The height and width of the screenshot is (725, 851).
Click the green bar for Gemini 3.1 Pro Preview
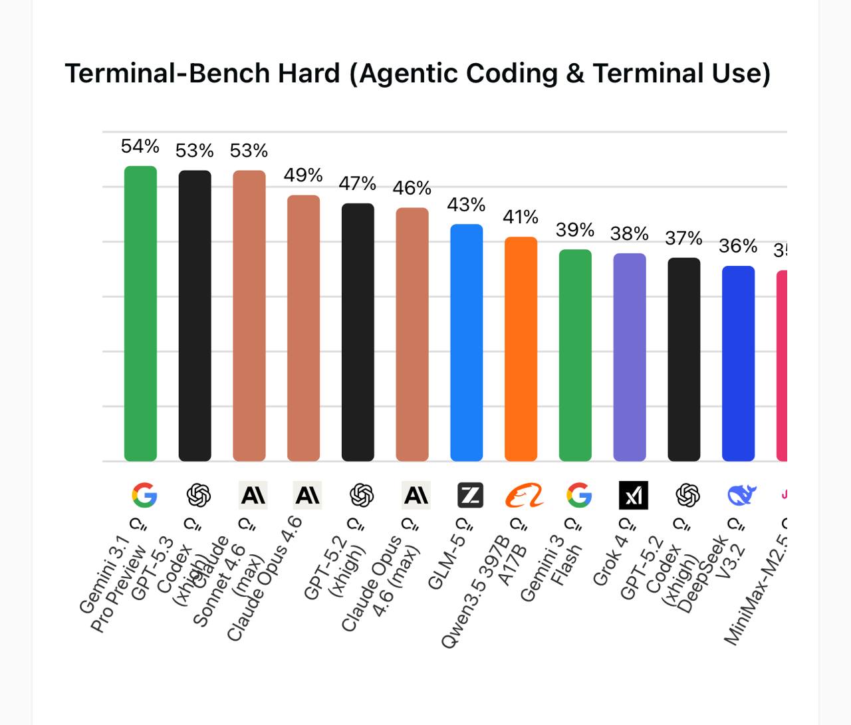[x=140, y=313]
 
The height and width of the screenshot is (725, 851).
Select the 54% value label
[x=140, y=146]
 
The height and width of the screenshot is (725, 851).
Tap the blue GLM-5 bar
[x=467, y=342]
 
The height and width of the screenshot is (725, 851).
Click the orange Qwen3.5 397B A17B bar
[x=521, y=348]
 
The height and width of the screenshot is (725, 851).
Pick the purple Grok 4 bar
[x=629, y=357]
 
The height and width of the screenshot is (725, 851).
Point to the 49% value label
[x=303, y=175]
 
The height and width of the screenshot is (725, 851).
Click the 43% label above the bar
[x=466, y=205]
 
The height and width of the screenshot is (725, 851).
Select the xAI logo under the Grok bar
[x=633, y=495]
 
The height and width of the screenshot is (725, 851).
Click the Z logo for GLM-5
[x=470, y=495]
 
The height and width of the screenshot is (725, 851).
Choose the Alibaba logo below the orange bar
[x=524, y=495]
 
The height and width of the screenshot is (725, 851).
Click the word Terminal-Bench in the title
[x=202, y=73]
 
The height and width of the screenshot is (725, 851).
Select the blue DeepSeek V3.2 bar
[x=738, y=363]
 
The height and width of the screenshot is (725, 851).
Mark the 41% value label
[x=520, y=217]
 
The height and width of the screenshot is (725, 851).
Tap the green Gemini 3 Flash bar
[x=575, y=355]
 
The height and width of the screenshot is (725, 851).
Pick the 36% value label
[x=738, y=247]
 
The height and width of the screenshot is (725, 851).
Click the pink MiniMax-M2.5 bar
[x=782, y=365]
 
